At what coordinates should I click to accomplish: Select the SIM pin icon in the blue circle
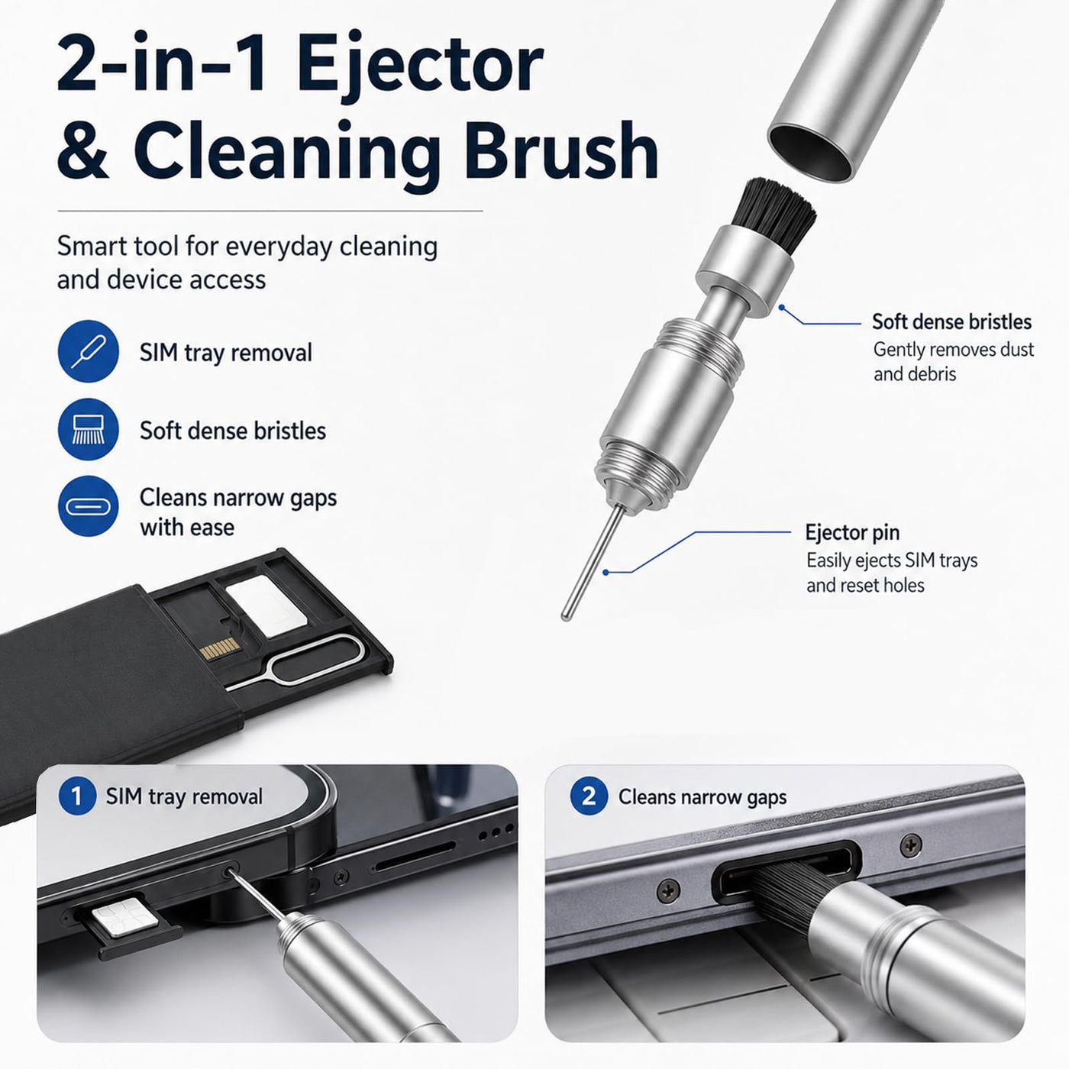coord(89,351)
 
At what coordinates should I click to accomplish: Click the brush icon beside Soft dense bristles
coord(89,429)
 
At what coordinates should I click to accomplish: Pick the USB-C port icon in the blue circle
coord(89,506)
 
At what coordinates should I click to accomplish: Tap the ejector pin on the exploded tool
coord(593,563)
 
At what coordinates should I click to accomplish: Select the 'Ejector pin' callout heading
coord(852,532)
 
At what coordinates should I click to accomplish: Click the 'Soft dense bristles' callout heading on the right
coord(951,321)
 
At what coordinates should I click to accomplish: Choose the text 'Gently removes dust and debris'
coord(954,362)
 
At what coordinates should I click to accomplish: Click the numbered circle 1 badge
coord(77,796)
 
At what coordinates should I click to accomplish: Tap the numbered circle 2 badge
coord(589,796)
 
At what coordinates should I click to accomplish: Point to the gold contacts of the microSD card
coord(219,648)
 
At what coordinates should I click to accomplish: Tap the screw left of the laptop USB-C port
coord(668,890)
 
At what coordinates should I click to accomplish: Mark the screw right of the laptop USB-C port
coord(910,845)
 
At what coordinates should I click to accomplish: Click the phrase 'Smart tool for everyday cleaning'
coord(247,247)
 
